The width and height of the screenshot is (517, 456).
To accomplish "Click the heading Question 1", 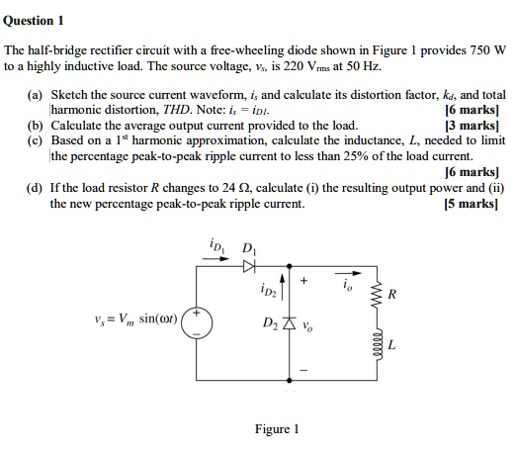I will [x=35, y=20].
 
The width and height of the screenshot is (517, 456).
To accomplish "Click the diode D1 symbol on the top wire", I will [x=250, y=265].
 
